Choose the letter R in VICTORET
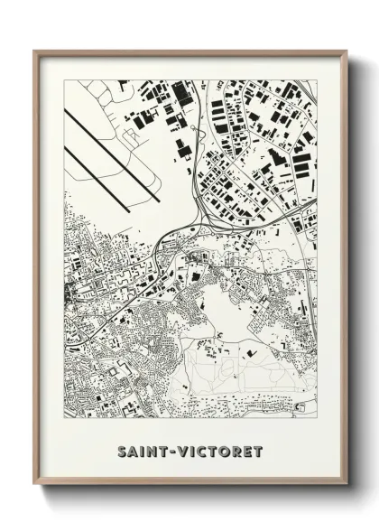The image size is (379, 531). (239, 449)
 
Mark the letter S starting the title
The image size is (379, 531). (122, 449)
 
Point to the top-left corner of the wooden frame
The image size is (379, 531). (35, 51)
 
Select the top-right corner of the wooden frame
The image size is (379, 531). (346, 51)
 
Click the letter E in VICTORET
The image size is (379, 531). (250, 449)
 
